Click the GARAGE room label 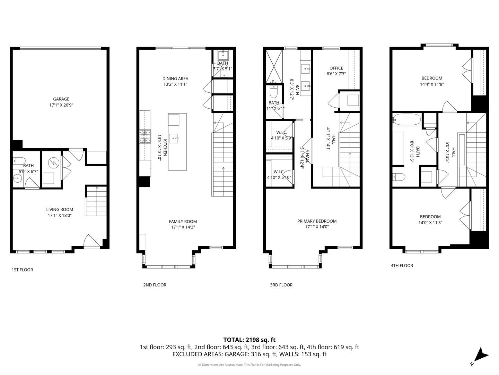(61, 99)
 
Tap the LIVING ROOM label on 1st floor (60, 209)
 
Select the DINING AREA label (175, 78)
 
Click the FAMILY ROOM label (183, 222)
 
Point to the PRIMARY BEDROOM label (317, 221)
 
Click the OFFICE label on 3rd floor (336, 68)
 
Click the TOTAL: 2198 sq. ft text (249, 340)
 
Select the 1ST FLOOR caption (22, 270)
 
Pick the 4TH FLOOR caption (402, 266)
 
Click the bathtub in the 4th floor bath (406, 120)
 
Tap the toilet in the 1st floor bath (19, 160)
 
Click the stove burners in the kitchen (146, 136)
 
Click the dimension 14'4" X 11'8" (432, 84)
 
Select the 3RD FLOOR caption (281, 285)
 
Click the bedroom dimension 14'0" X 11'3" (431, 223)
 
